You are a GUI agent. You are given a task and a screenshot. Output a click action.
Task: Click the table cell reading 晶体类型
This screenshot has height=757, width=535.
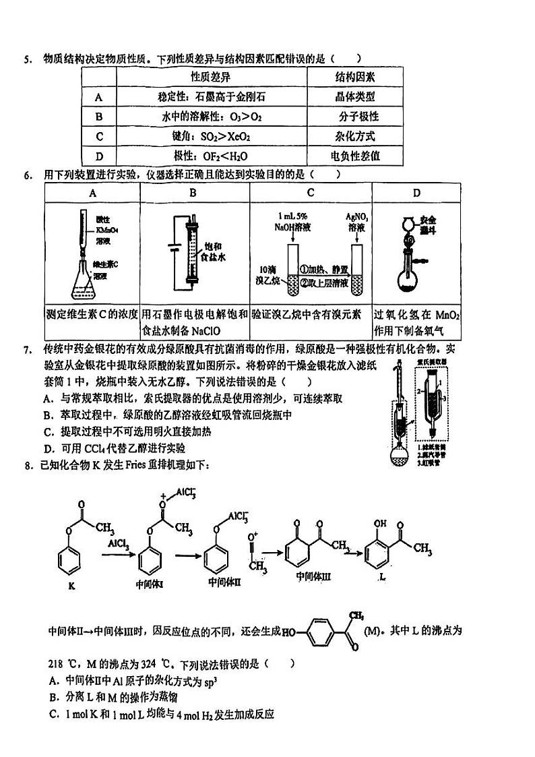pos(356,97)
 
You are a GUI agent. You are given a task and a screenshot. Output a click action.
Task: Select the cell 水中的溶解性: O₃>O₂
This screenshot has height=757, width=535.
pos(212,117)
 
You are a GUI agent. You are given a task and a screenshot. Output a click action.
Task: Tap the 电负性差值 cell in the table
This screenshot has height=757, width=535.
pos(356,156)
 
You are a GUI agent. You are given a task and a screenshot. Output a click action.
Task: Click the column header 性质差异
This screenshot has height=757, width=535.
pos(210,77)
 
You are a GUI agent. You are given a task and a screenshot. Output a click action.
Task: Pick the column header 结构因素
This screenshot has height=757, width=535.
pos(356,77)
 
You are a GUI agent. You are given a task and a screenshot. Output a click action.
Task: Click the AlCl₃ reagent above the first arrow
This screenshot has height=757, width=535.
pos(118,543)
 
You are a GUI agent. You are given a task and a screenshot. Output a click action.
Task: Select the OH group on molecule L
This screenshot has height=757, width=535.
pos(381,522)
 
